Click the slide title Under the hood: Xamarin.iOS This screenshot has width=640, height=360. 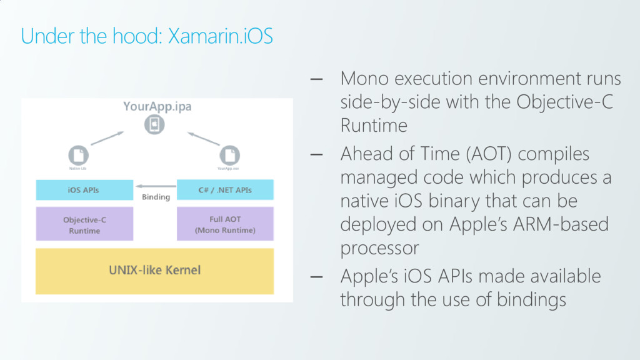pos(147,36)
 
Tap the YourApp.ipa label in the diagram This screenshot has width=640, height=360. pos(157,106)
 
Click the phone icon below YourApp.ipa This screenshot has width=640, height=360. pos(154,124)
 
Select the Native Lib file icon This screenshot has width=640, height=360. pos(78,154)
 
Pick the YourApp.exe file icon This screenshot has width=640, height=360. pos(229,154)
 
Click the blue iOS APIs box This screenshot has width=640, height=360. pos(84,190)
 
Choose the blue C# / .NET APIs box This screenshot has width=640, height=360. pos(225,190)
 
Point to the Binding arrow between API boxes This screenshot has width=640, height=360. pos(155,186)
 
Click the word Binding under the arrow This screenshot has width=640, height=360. pos(156,197)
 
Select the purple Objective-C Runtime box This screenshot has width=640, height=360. pos(84,224)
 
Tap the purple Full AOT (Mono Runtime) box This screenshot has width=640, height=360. pos(225,224)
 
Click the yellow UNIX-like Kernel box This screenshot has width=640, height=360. pos(155,271)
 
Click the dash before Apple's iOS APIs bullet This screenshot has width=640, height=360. pos(316,276)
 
